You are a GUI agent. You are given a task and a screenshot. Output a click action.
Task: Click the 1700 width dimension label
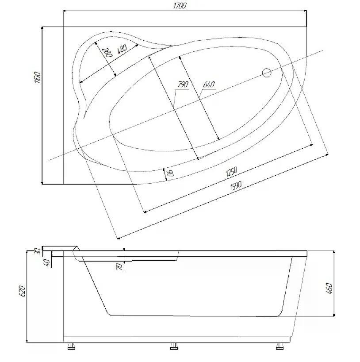click(x=180, y=6)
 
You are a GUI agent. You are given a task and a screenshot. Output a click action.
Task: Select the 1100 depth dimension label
click(x=37, y=77)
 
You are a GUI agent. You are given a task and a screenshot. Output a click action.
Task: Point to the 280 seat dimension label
click(x=108, y=52)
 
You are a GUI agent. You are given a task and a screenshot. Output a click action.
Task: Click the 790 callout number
click(x=183, y=85)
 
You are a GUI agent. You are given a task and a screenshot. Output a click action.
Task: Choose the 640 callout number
click(x=209, y=85)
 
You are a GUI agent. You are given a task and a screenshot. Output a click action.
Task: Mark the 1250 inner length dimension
click(x=231, y=172)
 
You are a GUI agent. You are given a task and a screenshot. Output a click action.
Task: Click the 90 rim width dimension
click(x=171, y=173)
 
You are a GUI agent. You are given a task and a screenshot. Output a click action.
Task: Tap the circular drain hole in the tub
click(x=267, y=73)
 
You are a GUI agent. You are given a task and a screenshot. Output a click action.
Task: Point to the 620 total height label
click(x=22, y=291)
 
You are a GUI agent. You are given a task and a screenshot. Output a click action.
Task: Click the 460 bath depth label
click(x=329, y=288)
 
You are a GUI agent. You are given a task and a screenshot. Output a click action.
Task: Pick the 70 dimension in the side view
click(x=119, y=267)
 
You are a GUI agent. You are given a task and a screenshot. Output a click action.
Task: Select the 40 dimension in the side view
click(x=47, y=263)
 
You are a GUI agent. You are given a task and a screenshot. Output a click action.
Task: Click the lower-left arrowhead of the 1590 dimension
click(x=118, y=238)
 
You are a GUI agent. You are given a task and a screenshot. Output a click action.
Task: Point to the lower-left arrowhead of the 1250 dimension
click(x=145, y=211)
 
